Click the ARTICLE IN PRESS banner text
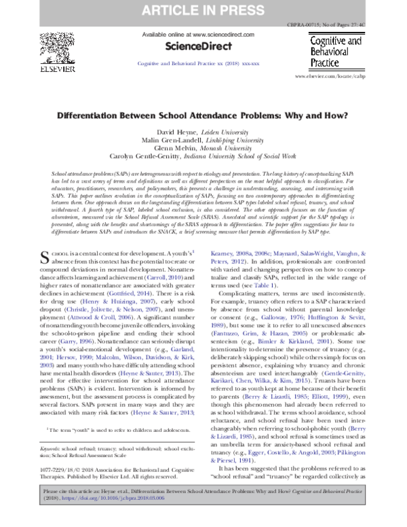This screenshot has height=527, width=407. [x=203, y=11]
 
